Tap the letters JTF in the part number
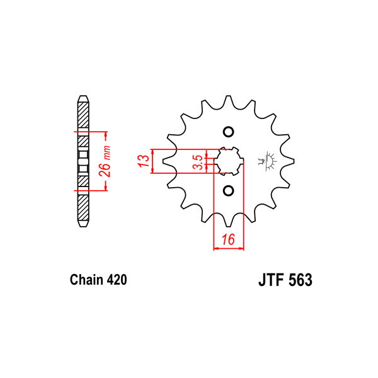click(x=270, y=280)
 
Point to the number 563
click(x=300, y=280)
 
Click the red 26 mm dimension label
click(x=105, y=161)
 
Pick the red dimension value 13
click(x=144, y=161)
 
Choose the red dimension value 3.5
click(x=198, y=162)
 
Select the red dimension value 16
click(x=228, y=239)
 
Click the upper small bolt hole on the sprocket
click(x=228, y=132)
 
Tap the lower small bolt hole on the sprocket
click(x=228, y=191)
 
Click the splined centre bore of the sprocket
click(x=228, y=161)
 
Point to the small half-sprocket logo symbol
click(x=267, y=161)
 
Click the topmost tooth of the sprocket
click(x=228, y=101)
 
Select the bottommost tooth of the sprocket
click(x=228, y=220)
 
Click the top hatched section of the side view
click(x=83, y=115)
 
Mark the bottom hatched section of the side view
click(x=83, y=207)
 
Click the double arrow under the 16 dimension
click(x=229, y=248)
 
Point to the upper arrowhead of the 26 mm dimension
click(x=105, y=137)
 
